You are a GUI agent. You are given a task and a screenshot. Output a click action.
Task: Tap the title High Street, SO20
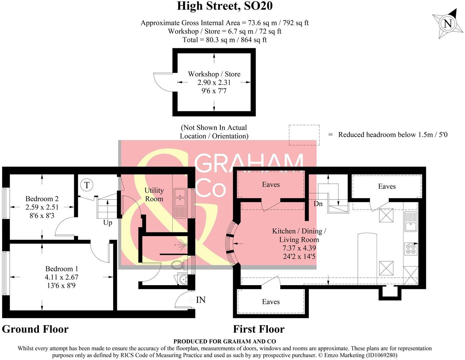[224, 6]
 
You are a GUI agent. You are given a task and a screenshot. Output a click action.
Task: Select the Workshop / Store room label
[214, 74]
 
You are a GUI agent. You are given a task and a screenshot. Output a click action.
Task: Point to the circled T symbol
[87, 185]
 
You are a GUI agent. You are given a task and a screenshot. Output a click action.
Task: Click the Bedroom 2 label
[42, 199]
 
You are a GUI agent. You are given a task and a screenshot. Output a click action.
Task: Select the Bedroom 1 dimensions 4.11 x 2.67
[62, 277]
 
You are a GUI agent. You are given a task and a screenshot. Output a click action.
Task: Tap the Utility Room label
[154, 194]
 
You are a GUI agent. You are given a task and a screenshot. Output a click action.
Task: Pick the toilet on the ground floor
[179, 265]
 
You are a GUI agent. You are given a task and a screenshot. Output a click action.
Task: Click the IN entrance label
[201, 300]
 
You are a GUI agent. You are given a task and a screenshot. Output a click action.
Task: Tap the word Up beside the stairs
[108, 223]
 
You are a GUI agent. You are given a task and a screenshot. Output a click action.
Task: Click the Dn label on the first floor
[318, 204]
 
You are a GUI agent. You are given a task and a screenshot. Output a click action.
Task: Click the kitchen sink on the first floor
[411, 221]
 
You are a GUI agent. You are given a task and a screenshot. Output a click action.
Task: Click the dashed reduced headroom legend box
[304, 135]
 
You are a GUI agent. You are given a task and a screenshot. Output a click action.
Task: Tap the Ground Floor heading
[35, 329]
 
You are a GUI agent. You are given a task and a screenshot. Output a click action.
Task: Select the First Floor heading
[259, 329]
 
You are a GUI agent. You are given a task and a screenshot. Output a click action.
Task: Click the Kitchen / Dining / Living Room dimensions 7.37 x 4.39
[299, 248]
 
